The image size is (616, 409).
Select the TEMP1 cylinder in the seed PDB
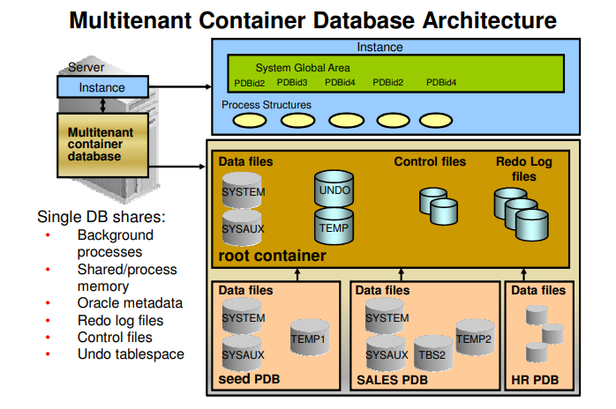coord(309,338)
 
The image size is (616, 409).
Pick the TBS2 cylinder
coord(433,355)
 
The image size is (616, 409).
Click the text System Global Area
coord(303,68)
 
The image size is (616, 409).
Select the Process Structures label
coord(267,105)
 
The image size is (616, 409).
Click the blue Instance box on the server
coord(102,87)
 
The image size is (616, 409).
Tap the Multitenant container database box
coord(102,144)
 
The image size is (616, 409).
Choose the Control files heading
coord(430,161)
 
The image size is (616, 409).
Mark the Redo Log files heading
coord(523,169)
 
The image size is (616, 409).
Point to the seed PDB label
coord(250,380)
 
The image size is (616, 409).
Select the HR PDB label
coord(536,380)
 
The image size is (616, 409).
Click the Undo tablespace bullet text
coord(131,354)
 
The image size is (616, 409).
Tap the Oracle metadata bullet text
coord(130,303)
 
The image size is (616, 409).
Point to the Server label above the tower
coord(86,67)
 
